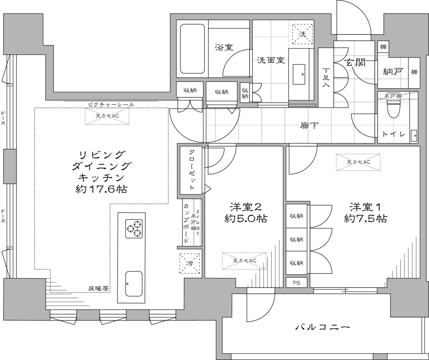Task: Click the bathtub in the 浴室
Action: click(192, 49)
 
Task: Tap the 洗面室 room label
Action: click(271, 60)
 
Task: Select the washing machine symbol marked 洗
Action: click(302, 34)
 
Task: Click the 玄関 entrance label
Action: click(356, 62)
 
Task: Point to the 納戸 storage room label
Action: click(393, 72)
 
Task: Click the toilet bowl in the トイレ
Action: click(394, 109)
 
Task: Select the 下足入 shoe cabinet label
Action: click(326, 77)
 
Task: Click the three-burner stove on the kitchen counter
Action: click(134, 229)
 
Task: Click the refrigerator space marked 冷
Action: click(189, 263)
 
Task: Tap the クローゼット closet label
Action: click(192, 170)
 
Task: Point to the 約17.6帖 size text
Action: click(102, 189)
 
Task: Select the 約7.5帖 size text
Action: click(365, 218)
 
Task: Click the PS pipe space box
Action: click(296, 282)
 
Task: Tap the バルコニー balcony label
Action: click(322, 327)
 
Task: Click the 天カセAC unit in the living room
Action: click(107, 116)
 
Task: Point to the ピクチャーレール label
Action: click(111, 104)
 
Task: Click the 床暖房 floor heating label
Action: click(98, 289)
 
